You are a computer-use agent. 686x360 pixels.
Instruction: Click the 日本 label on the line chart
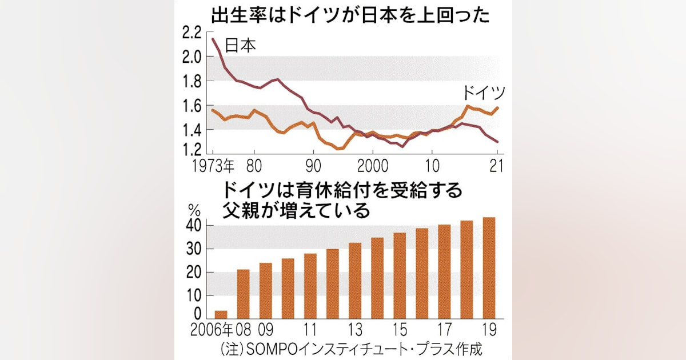[x=240, y=46]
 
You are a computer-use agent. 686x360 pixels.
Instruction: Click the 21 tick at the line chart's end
[x=496, y=167]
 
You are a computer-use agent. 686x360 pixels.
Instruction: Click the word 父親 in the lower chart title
[x=242, y=211]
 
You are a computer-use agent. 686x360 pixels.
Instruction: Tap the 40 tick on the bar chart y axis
[x=194, y=226]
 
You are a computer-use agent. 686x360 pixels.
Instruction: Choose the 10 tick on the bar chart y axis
[x=194, y=295]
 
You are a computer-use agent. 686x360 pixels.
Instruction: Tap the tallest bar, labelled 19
[x=489, y=268]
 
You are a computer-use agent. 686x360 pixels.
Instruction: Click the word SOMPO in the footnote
[x=276, y=349]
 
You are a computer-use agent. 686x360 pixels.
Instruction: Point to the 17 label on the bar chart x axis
[x=444, y=331]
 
